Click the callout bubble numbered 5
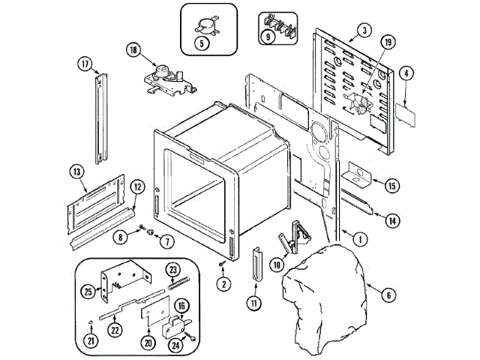200,43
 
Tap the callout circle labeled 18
133,51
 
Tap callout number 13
76,172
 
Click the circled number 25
88,291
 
